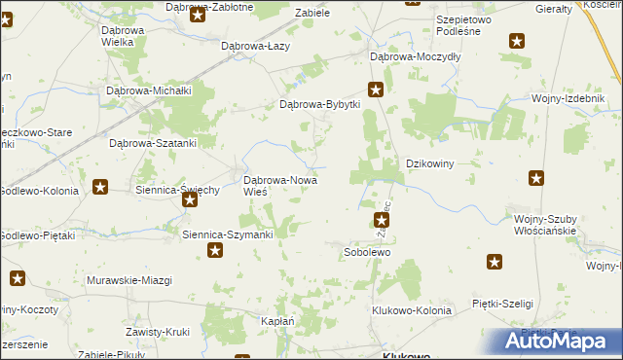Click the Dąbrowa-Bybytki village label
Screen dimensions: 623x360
tap(320, 104)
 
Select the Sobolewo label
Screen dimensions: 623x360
tap(367, 252)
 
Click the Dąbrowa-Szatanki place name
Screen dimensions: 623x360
tap(153, 142)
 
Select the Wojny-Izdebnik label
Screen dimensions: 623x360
tap(563, 98)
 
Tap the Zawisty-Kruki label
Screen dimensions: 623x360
tap(157, 332)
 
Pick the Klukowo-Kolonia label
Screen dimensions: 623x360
tap(412, 310)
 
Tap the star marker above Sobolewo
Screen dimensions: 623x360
tap(381, 222)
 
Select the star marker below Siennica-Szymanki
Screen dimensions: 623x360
tap(215, 251)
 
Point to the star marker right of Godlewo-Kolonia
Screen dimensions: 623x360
tap(100, 187)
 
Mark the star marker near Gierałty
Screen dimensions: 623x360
tap(517, 41)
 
